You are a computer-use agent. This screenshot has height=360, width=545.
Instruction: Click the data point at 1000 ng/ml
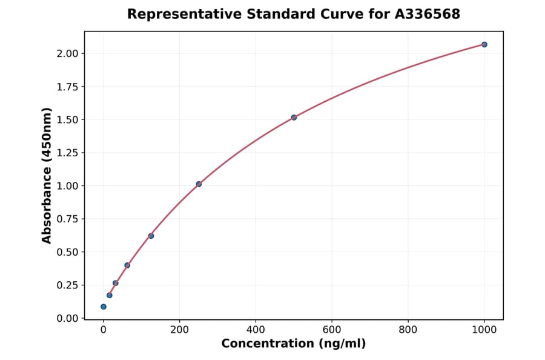(x=484, y=44)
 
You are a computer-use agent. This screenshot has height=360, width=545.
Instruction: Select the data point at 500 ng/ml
(x=294, y=117)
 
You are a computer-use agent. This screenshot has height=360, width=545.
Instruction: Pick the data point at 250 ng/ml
(x=199, y=184)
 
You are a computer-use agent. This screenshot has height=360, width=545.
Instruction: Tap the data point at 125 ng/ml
(x=151, y=236)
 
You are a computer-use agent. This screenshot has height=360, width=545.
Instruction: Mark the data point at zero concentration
(x=104, y=307)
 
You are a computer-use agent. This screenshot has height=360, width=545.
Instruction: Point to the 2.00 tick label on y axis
(x=67, y=53)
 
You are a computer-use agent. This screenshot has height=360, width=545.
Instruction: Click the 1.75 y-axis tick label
(x=67, y=87)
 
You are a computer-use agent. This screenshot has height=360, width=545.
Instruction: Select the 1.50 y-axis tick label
(x=67, y=119)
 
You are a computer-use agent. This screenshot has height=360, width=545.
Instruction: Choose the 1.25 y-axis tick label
(x=67, y=153)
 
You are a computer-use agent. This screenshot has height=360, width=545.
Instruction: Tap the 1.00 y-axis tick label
(x=67, y=185)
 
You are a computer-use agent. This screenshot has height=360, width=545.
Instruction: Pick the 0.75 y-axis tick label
(x=67, y=219)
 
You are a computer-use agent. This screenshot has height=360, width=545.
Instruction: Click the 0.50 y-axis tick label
(x=67, y=252)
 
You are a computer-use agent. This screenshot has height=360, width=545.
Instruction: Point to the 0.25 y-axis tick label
(x=67, y=285)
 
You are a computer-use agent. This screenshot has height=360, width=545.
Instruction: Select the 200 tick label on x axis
(x=179, y=330)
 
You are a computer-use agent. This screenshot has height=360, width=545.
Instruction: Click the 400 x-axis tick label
(x=256, y=330)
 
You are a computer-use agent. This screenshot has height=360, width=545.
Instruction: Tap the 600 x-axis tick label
(x=332, y=330)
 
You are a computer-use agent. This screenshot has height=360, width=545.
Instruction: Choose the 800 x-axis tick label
(x=408, y=330)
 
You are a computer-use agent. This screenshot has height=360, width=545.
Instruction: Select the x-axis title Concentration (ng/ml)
(x=294, y=344)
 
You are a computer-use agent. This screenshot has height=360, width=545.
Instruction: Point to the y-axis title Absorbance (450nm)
(x=47, y=175)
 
